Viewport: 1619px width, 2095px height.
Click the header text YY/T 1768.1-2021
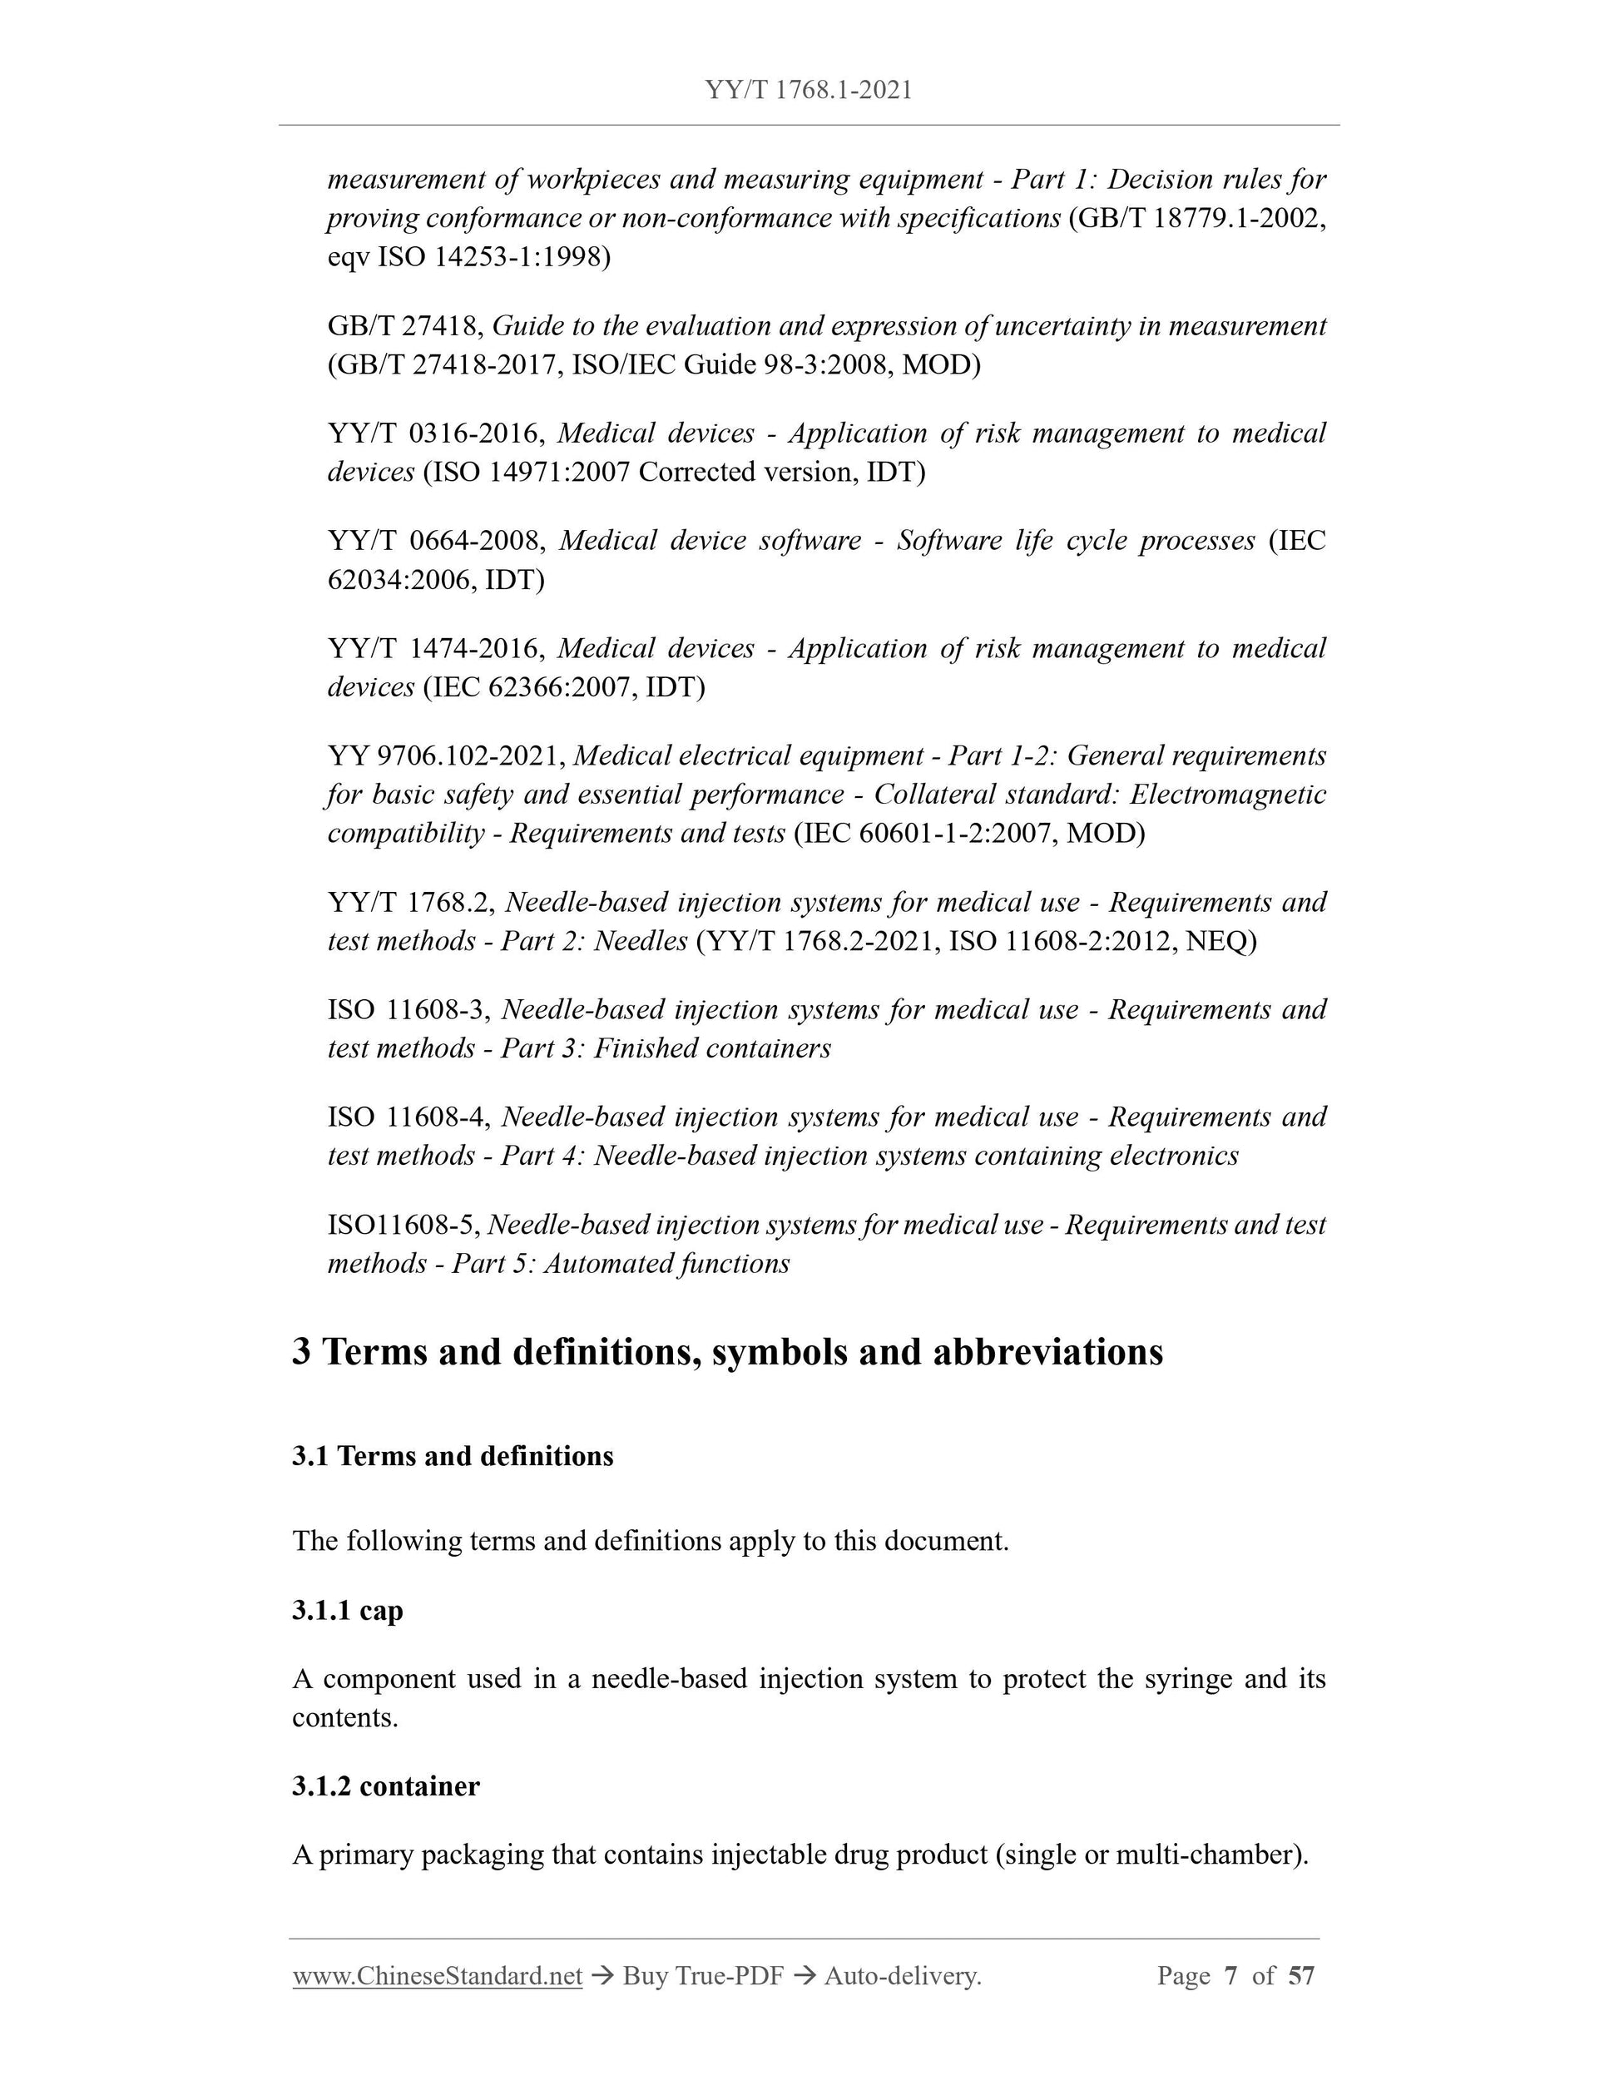pyautogui.click(x=809, y=89)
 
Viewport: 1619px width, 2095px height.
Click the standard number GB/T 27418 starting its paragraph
pyautogui.click(x=403, y=326)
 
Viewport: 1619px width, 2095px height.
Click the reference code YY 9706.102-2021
pyautogui.click(x=445, y=756)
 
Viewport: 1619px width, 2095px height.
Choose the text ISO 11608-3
pyautogui.click(x=409, y=1009)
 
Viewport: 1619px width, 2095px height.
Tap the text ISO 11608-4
pyautogui.click(x=409, y=1117)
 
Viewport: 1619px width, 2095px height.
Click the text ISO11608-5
pyautogui.click(x=403, y=1225)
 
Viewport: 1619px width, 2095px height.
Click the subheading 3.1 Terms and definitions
pyautogui.click(x=453, y=1456)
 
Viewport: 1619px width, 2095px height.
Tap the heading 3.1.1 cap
pyautogui.click(x=347, y=1610)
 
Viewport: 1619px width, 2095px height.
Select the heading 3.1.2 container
pyautogui.click(x=385, y=1786)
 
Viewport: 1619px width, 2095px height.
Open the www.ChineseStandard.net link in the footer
pyautogui.click(x=438, y=1976)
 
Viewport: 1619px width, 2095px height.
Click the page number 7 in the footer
pyautogui.click(x=1230, y=1976)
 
